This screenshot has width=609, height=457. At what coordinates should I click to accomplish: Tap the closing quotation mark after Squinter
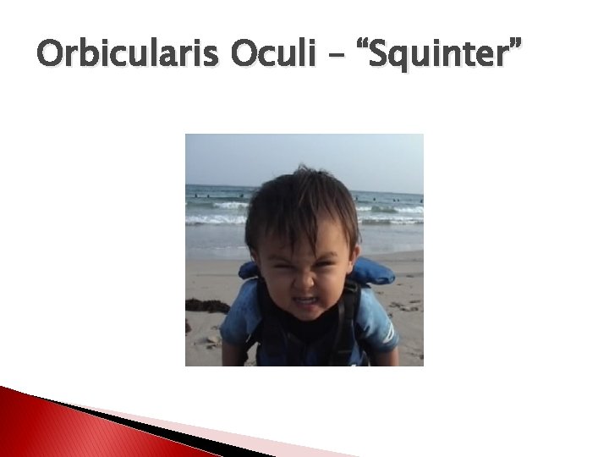(x=513, y=44)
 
